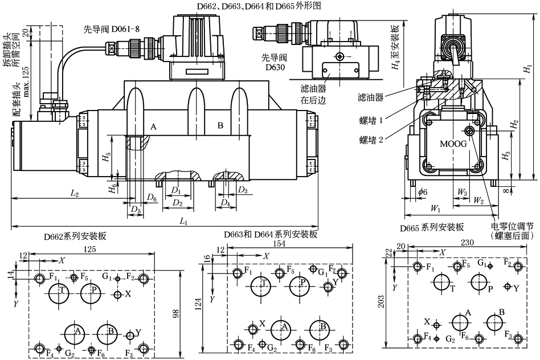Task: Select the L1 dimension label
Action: coord(183,221)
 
